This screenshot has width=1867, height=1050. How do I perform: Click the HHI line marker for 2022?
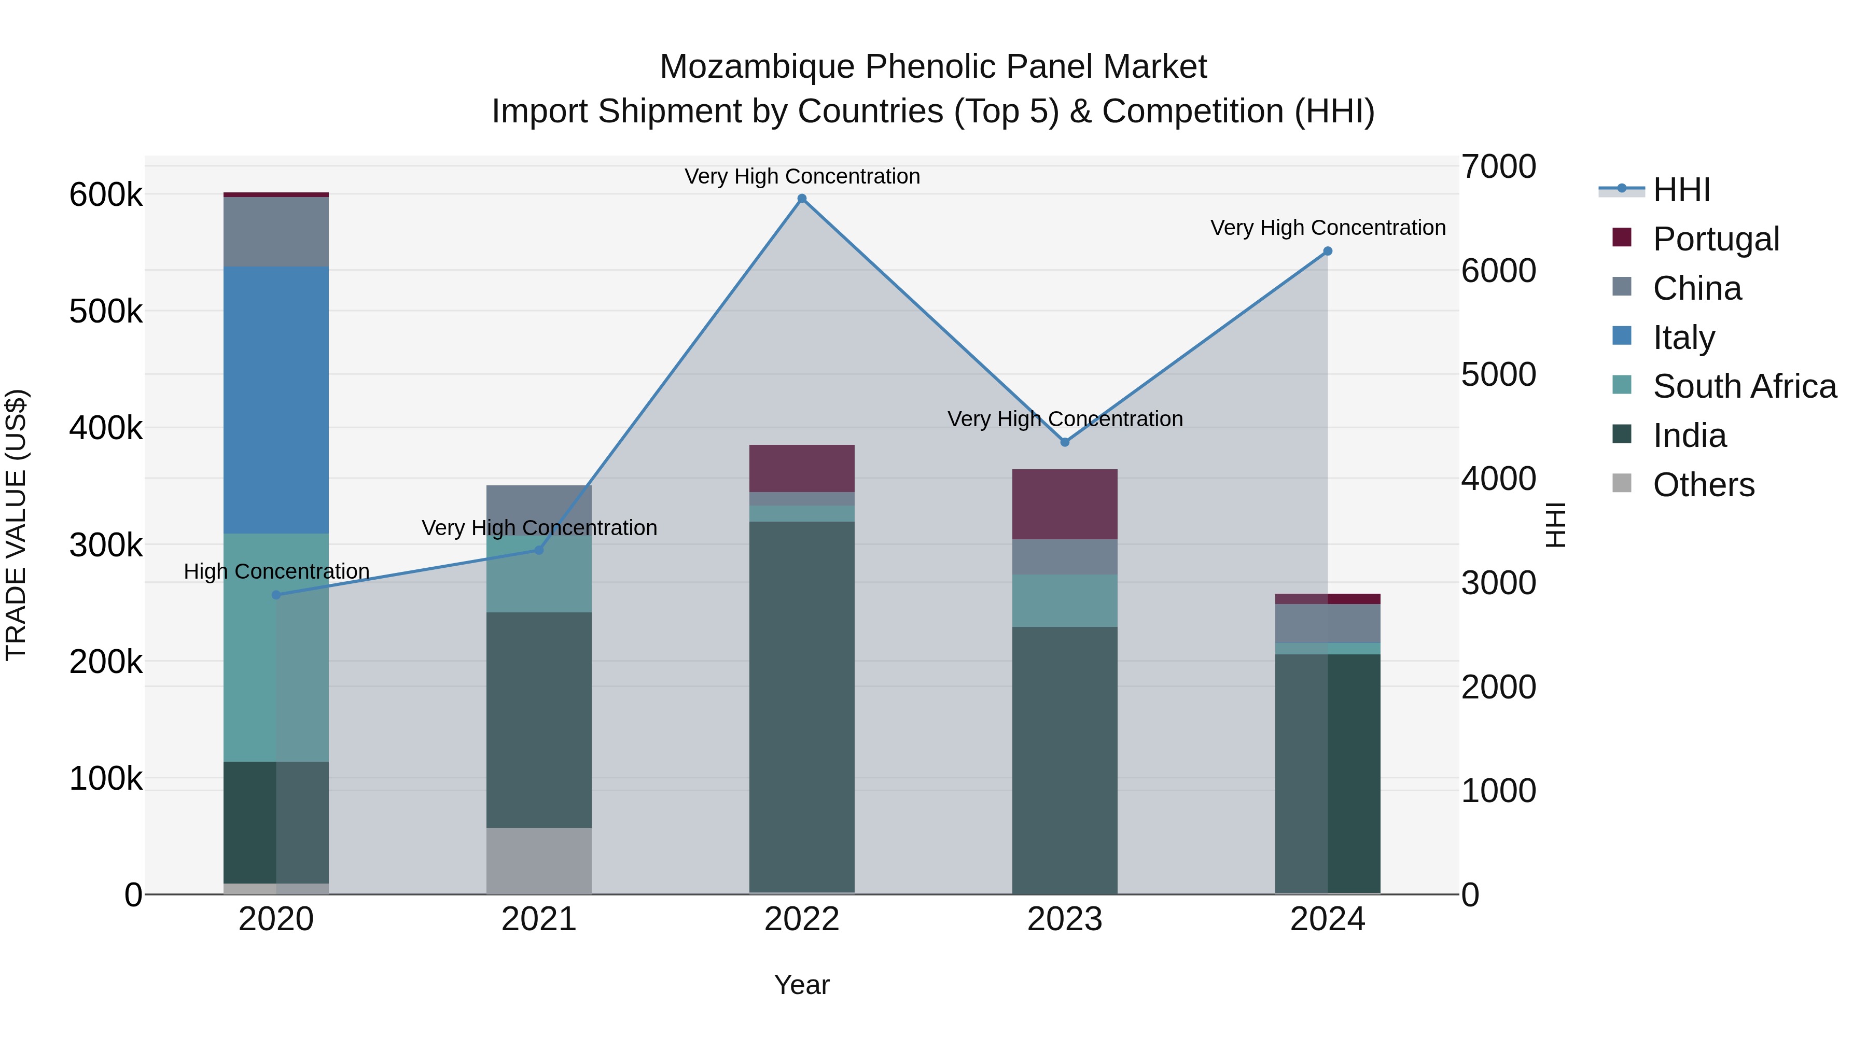(802, 199)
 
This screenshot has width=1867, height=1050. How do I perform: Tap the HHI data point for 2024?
(1328, 251)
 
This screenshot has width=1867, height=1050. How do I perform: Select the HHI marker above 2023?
(1065, 442)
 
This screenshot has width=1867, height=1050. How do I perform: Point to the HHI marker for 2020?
(276, 595)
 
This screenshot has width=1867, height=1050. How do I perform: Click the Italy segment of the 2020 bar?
(276, 400)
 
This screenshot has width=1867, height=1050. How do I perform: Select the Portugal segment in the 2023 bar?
(1065, 505)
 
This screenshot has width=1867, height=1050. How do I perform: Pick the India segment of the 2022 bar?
(802, 707)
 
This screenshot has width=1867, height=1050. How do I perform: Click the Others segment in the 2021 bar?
(538, 861)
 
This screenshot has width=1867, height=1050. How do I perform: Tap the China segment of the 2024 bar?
(1328, 623)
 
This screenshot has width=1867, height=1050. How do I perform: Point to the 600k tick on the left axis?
(106, 195)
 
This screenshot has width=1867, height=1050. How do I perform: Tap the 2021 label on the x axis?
(538, 919)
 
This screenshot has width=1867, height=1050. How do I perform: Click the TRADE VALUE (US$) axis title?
(16, 525)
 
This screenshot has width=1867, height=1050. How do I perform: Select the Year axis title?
(802, 985)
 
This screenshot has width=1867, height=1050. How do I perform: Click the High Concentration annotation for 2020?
(276, 572)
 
